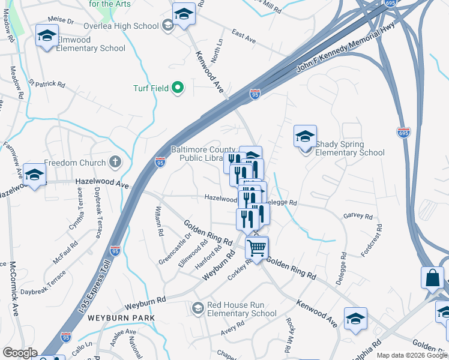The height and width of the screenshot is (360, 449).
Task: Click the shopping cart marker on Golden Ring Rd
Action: click(x=256, y=247)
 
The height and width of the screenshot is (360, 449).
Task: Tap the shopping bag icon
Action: click(x=433, y=278)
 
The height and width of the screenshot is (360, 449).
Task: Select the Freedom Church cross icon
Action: click(x=115, y=162)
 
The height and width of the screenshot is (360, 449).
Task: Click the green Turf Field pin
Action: click(x=177, y=88)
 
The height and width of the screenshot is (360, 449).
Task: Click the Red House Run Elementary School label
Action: click(x=241, y=309)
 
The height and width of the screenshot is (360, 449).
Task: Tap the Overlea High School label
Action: click(x=130, y=26)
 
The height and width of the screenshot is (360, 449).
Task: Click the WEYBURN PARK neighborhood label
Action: click(x=121, y=317)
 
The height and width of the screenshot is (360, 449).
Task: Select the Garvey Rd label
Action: click(x=358, y=216)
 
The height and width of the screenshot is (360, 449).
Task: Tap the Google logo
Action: click(x=20, y=353)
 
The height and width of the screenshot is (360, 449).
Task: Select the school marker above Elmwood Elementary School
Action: click(x=47, y=36)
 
